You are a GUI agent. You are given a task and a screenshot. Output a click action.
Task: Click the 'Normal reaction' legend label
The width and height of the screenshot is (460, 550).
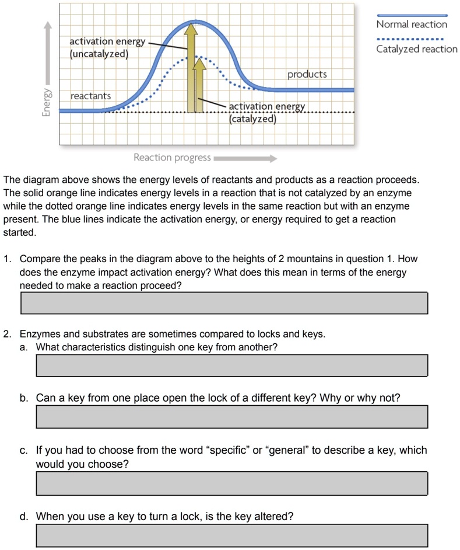(x=412, y=25)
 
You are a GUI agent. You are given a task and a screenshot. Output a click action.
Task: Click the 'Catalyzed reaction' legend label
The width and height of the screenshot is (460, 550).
(x=417, y=49)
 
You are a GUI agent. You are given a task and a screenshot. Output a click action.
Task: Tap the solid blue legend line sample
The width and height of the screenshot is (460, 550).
(x=412, y=15)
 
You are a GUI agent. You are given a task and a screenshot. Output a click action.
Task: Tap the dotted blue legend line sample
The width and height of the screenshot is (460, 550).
(x=412, y=40)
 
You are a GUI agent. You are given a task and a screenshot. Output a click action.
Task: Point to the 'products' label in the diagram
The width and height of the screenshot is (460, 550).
(x=307, y=75)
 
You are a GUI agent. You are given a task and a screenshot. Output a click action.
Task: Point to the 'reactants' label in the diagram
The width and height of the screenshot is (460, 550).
(x=90, y=95)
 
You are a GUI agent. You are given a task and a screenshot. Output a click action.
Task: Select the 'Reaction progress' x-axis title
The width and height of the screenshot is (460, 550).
(x=172, y=158)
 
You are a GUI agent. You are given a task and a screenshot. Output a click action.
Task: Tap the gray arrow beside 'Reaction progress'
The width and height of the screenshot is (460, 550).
(x=245, y=158)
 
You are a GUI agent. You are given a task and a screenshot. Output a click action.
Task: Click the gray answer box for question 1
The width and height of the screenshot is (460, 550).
(x=224, y=303)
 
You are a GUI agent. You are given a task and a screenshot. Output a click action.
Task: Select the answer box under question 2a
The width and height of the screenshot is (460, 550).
(x=232, y=365)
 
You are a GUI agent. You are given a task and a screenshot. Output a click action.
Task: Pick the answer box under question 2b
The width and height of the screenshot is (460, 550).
(x=232, y=417)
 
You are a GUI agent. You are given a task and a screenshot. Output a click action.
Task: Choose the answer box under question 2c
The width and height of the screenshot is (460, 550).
(x=232, y=483)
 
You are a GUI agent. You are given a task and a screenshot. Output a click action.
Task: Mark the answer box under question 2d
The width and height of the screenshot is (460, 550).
(x=232, y=535)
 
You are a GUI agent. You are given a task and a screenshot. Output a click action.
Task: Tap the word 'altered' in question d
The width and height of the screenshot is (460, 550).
(x=273, y=517)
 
